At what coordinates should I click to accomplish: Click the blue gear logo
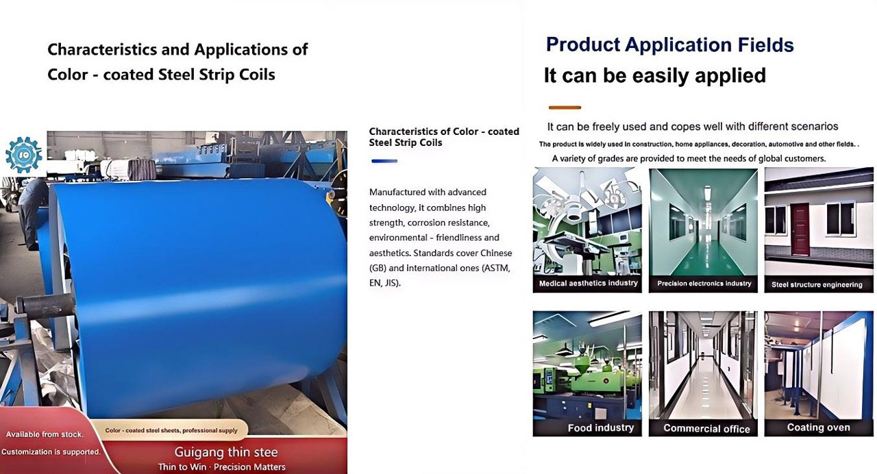tap(23, 155)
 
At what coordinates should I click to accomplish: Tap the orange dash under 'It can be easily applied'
tap(565, 108)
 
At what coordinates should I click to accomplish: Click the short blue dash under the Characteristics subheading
tap(384, 161)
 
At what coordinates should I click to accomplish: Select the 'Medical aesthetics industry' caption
tap(588, 283)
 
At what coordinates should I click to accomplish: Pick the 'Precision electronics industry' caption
tap(704, 284)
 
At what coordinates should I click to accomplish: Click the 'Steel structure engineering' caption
tap(817, 284)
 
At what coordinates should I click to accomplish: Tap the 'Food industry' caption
tap(601, 428)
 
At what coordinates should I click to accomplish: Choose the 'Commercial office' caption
tap(706, 429)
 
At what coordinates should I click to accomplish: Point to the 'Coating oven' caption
tap(818, 427)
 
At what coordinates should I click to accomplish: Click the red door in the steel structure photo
tap(800, 229)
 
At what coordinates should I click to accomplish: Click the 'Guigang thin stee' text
tap(226, 453)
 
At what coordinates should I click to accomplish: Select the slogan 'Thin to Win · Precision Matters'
tap(221, 467)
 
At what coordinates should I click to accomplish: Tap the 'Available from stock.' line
tap(45, 434)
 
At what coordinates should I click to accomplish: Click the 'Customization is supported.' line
tap(51, 451)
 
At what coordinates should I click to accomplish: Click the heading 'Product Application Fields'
tap(669, 45)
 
